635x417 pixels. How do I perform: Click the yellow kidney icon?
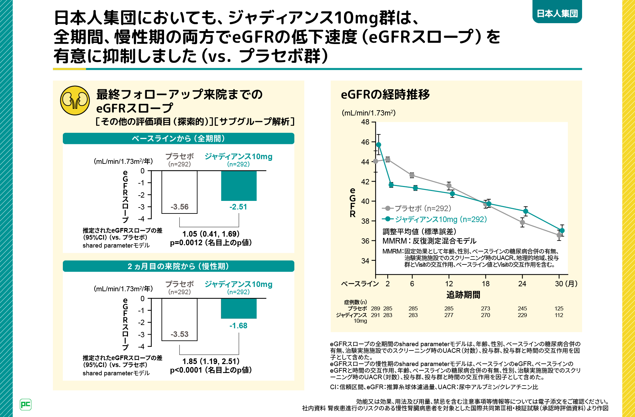[75, 100]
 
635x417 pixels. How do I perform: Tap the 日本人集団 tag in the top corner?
[557, 13]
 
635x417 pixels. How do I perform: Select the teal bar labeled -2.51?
[239, 186]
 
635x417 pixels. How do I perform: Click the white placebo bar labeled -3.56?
[180, 192]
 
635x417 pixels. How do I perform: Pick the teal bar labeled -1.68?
[239, 308]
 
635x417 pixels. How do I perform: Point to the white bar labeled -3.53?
[180, 319]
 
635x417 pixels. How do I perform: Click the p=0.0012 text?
[211, 243]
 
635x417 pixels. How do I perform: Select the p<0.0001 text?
[211, 370]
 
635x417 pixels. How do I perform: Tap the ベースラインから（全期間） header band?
[179, 138]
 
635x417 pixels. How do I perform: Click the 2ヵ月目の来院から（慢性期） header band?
[179, 266]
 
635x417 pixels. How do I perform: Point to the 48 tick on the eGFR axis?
[365, 122]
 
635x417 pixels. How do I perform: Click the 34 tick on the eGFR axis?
[365, 261]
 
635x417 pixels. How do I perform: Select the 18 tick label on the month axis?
[486, 284]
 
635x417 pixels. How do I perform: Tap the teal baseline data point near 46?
[379, 145]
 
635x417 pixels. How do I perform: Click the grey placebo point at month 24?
[522, 222]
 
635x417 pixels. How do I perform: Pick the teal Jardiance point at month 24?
[526, 211]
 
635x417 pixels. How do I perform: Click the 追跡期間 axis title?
[463, 295]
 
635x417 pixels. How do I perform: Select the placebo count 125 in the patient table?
[559, 308]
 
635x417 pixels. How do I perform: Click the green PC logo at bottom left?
[25, 404]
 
